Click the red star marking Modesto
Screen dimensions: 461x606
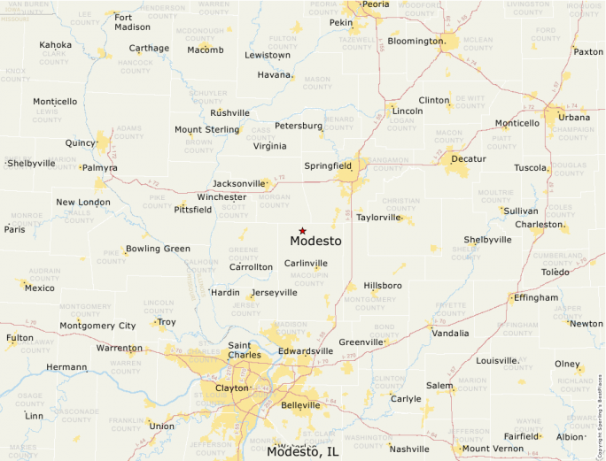[x=302, y=230]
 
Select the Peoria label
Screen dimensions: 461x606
[x=375, y=4]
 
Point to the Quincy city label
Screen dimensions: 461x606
[x=81, y=142]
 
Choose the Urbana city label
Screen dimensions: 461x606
[x=574, y=117]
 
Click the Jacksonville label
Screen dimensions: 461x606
[x=238, y=183]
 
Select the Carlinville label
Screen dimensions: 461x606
[x=306, y=263]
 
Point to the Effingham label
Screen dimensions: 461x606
[x=534, y=297]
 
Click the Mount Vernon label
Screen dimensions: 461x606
[x=493, y=449]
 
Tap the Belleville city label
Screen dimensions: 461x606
[x=299, y=405]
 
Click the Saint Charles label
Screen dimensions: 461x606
[x=245, y=350]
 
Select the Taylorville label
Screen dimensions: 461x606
[x=378, y=217]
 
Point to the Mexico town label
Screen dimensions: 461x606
[x=39, y=288]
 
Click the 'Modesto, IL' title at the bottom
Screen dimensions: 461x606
[x=302, y=451]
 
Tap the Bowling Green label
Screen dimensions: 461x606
[x=158, y=249]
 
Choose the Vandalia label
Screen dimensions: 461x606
[x=451, y=334]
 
